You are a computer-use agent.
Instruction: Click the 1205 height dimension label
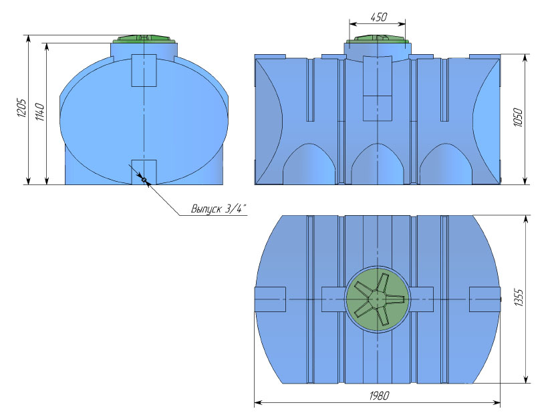click(x=21, y=108)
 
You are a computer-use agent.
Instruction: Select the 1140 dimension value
click(x=39, y=112)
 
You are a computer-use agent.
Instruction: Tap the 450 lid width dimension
click(x=378, y=17)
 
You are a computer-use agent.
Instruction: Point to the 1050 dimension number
click(x=518, y=118)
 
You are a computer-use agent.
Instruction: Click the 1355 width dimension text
click(x=518, y=298)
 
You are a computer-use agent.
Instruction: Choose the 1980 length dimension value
click(x=379, y=395)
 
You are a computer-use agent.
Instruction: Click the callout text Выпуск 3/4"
click(x=218, y=208)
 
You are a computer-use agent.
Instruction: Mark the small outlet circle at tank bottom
click(x=144, y=180)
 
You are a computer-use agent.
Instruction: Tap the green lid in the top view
click(x=378, y=299)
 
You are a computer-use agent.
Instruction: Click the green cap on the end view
click(x=144, y=38)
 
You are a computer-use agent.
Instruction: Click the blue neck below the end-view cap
click(x=144, y=49)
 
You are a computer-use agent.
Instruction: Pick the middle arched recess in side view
click(x=378, y=164)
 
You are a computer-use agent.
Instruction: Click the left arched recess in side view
click(x=309, y=164)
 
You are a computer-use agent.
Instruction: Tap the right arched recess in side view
click(x=446, y=164)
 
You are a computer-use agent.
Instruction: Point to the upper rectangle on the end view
click(x=144, y=70)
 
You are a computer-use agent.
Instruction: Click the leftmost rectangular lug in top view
click(x=270, y=299)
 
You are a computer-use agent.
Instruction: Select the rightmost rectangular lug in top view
click(x=484, y=299)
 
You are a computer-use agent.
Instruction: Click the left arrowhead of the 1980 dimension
click(x=258, y=403)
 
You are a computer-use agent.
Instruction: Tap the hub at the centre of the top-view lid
click(x=377, y=299)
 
